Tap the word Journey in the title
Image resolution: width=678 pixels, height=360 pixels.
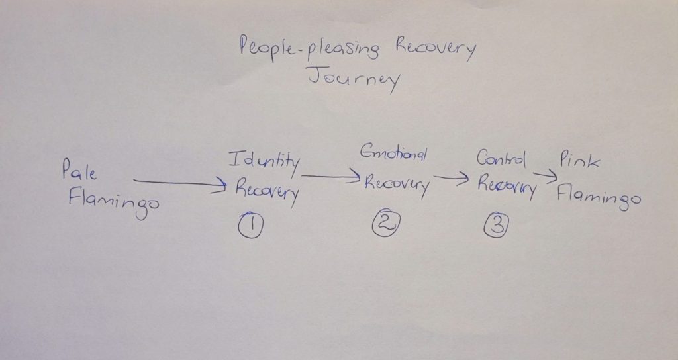354,79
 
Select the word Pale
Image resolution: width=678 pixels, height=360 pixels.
79,169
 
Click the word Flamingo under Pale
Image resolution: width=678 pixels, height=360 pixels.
114,202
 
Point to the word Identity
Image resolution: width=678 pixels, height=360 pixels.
264,162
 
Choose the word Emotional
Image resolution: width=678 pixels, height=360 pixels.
393,153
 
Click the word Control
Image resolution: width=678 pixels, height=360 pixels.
502,158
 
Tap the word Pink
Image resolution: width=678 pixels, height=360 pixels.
579,160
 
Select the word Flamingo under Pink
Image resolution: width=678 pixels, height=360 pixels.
599,197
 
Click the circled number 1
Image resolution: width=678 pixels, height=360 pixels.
250,225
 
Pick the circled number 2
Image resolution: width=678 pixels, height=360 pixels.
386,223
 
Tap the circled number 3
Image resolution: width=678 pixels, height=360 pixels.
497,225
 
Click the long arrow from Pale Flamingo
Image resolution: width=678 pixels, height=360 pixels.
180,183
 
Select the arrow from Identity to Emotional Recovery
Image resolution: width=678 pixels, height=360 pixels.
331,176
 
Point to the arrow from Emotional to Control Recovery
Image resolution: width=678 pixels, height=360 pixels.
452,177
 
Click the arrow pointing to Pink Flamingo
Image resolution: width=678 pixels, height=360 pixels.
546,175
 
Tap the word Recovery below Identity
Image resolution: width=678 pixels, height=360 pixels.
267,191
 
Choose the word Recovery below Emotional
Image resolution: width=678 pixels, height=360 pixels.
397,185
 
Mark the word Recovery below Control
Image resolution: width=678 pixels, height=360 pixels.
507,187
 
